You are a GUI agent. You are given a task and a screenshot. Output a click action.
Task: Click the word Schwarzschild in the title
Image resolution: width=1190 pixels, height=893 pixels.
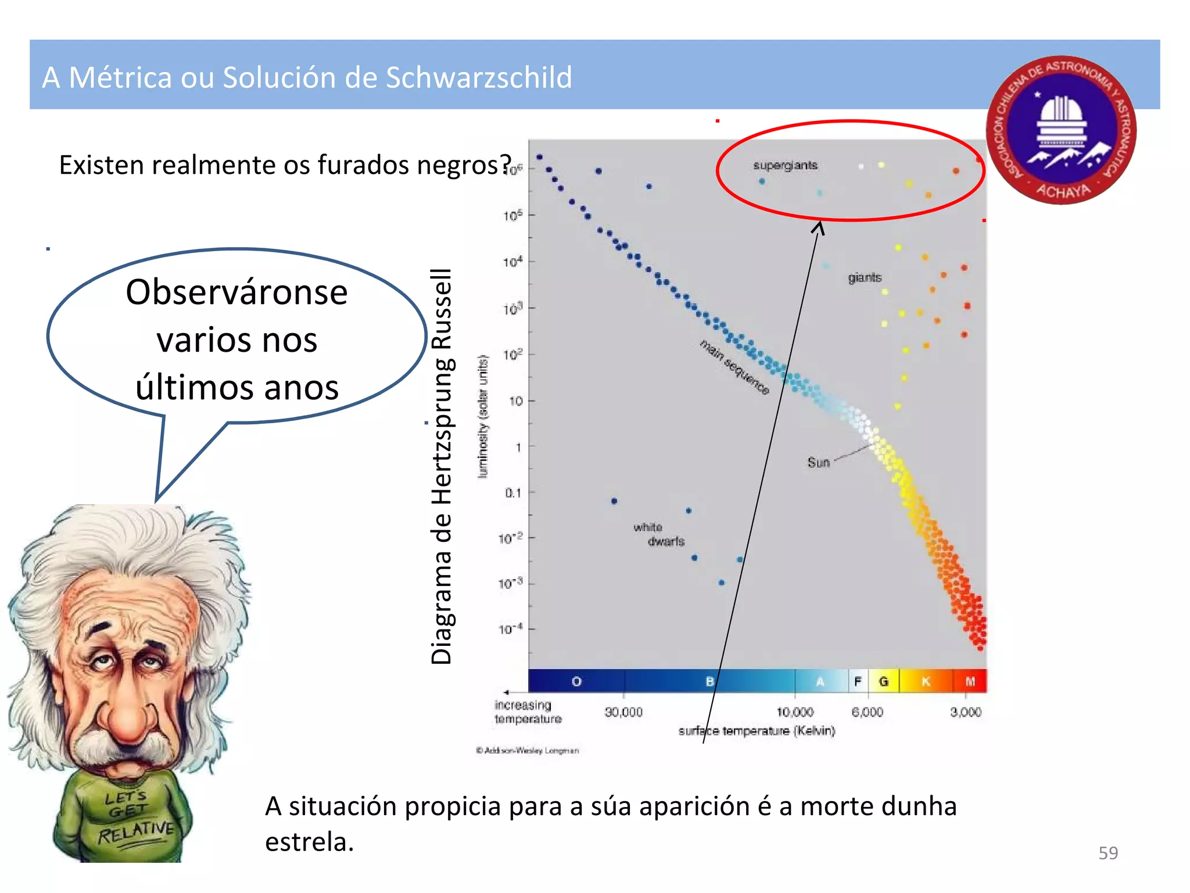point(479,78)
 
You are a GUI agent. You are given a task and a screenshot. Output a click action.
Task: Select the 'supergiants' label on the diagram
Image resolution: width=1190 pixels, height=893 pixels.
point(785,165)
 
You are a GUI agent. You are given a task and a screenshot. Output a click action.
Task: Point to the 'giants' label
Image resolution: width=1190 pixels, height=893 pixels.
point(865,278)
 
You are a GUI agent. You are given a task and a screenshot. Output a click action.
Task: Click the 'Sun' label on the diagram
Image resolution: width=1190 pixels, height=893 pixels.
point(818,462)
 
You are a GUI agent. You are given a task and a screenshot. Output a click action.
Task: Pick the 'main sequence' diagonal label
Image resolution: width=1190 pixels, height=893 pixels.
point(734,367)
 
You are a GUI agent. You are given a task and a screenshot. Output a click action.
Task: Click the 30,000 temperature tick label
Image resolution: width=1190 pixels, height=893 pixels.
point(623,712)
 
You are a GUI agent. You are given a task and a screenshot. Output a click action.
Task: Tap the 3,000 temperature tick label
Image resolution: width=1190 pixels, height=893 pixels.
point(966,712)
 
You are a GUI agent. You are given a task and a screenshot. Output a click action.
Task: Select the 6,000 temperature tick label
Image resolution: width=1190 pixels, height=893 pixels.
point(867,712)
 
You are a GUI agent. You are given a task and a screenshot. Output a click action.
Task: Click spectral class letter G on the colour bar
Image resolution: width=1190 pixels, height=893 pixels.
point(883,681)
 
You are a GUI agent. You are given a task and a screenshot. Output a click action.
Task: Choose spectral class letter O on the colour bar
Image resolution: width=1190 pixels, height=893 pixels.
point(576,681)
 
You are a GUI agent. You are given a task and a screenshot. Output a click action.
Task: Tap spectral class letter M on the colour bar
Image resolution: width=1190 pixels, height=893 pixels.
point(970,681)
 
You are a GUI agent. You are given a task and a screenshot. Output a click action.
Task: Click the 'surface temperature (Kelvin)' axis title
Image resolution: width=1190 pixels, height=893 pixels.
point(757,731)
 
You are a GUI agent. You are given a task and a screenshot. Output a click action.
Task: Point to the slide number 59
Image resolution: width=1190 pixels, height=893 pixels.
point(1108,853)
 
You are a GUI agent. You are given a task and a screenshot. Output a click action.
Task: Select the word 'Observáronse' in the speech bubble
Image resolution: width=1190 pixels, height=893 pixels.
point(236,292)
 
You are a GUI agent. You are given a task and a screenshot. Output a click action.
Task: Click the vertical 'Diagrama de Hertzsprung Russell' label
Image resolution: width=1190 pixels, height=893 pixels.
point(442,466)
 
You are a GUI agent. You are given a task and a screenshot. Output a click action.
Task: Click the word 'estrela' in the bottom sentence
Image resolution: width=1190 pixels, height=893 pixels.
point(309,842)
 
